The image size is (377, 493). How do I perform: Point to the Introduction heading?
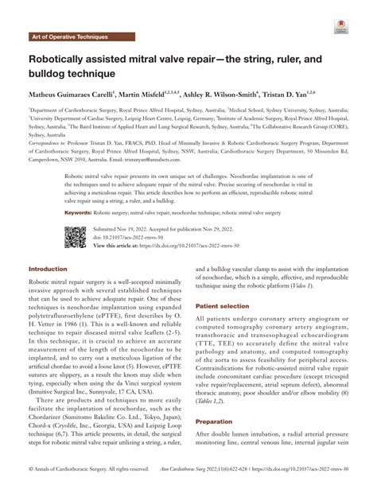click(x=49, y=270)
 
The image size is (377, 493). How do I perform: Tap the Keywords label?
click(x=80, y=213)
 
